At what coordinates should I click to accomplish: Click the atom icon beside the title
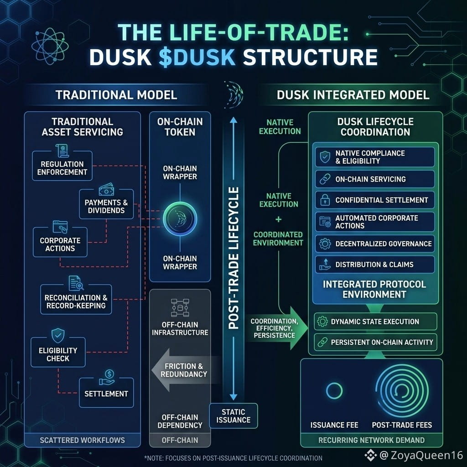[x=50, y=47]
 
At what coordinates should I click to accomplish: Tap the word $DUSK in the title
[x=197, y=57]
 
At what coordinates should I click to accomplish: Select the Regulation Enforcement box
[x=62, y=166]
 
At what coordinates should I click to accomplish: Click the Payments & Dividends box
[x=106, y=204]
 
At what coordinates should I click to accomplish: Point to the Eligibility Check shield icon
[x=58, y=336]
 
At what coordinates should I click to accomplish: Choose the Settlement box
[x=106, y=393]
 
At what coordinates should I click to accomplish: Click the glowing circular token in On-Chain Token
[x=180, y=219]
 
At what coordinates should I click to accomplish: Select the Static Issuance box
[x=233, y=416]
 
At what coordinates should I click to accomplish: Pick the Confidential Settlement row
[x=375, y=200]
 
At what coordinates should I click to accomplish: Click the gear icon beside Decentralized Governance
[x=325, y=244]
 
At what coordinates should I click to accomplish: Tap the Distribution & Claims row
[x=375, y=265]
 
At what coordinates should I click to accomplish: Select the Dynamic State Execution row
[x=375, y=322]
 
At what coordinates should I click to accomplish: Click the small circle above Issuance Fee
[x=334, y=391]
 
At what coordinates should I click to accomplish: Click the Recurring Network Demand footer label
[x=371, y=440]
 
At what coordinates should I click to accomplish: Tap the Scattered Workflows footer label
[x=82, y=440]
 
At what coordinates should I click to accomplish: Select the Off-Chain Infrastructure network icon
[x=180, y=308]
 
